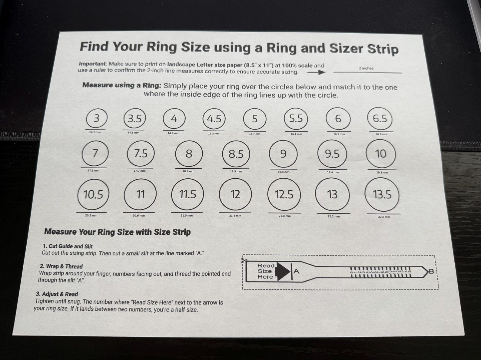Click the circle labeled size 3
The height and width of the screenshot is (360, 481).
click(96, 118)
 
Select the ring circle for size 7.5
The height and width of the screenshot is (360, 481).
click(141, 154)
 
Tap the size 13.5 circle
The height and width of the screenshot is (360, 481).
click(382, 194)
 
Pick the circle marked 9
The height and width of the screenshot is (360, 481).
click(283, 154)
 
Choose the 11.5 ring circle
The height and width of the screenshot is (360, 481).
click(187, 194)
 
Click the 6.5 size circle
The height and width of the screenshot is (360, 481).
click(380, 119)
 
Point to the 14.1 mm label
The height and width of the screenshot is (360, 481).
click(95, 132)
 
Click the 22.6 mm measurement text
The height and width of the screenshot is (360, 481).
click(384, 217)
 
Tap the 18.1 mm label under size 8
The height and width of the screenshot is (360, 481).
click(188, 171)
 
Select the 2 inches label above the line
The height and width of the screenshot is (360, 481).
click(366, 68)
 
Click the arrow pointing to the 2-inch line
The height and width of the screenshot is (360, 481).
click(316, 72)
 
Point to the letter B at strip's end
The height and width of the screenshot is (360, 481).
click(431, 272)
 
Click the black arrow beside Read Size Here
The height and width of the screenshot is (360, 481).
click(283, 271)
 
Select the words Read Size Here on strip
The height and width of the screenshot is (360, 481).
click(265, 271)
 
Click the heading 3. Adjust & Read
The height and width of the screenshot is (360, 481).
click(57, 294)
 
